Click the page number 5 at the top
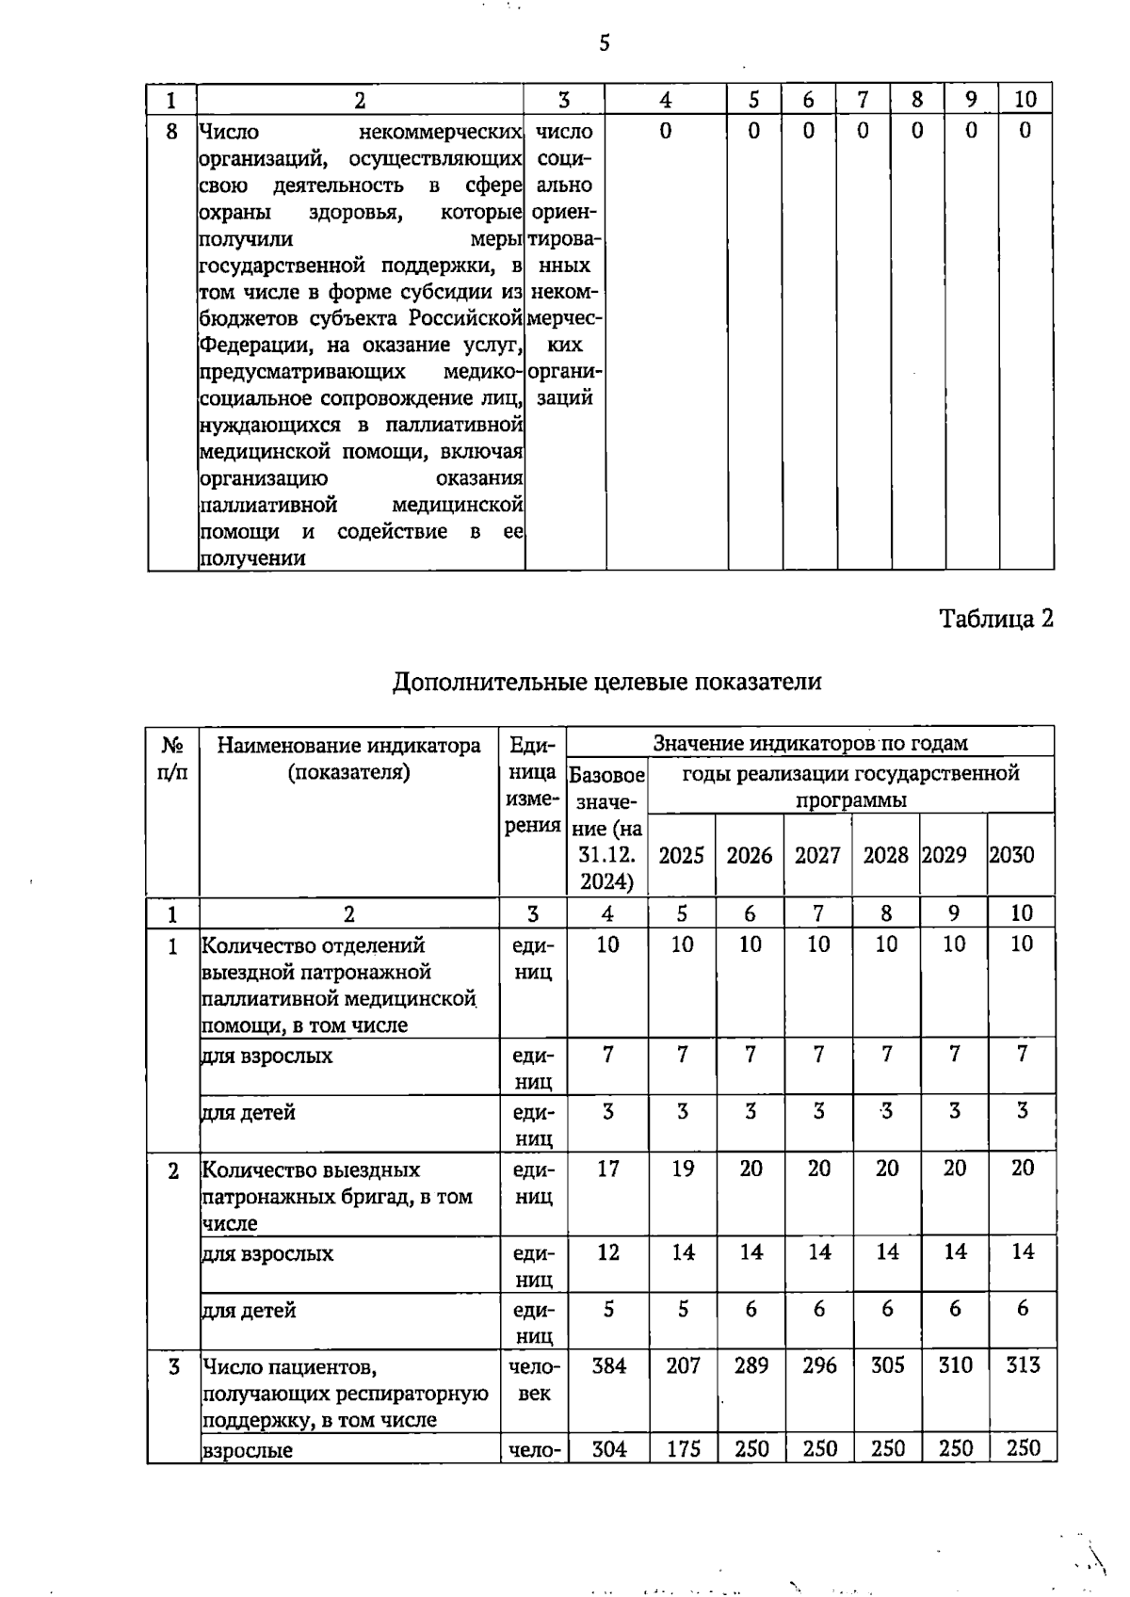tap(604, 43)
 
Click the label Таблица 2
tap(996, 619)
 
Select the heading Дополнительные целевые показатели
tap(606, 682)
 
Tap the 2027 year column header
tap(817, 855)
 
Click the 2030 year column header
tap(1012, 855)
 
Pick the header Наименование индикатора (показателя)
tap(348, 759)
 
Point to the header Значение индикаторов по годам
tap(810, 744)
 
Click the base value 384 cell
tap(608, 1365)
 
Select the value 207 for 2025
tap(683, 1365)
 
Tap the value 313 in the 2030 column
tap(1023, 1365)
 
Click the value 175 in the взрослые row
tap(683, 1448)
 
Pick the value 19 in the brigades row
tap(683, 1169)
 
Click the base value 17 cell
tap(608, 1169)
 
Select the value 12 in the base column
tap(608, 1252)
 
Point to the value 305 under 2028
tap(887, 1365)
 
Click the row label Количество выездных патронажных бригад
tap(336, 1196)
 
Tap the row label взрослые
tap(248, 1450)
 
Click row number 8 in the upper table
tap(171, 132)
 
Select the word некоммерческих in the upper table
tap(441, 132)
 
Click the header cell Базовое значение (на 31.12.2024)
tap(607, 829)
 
